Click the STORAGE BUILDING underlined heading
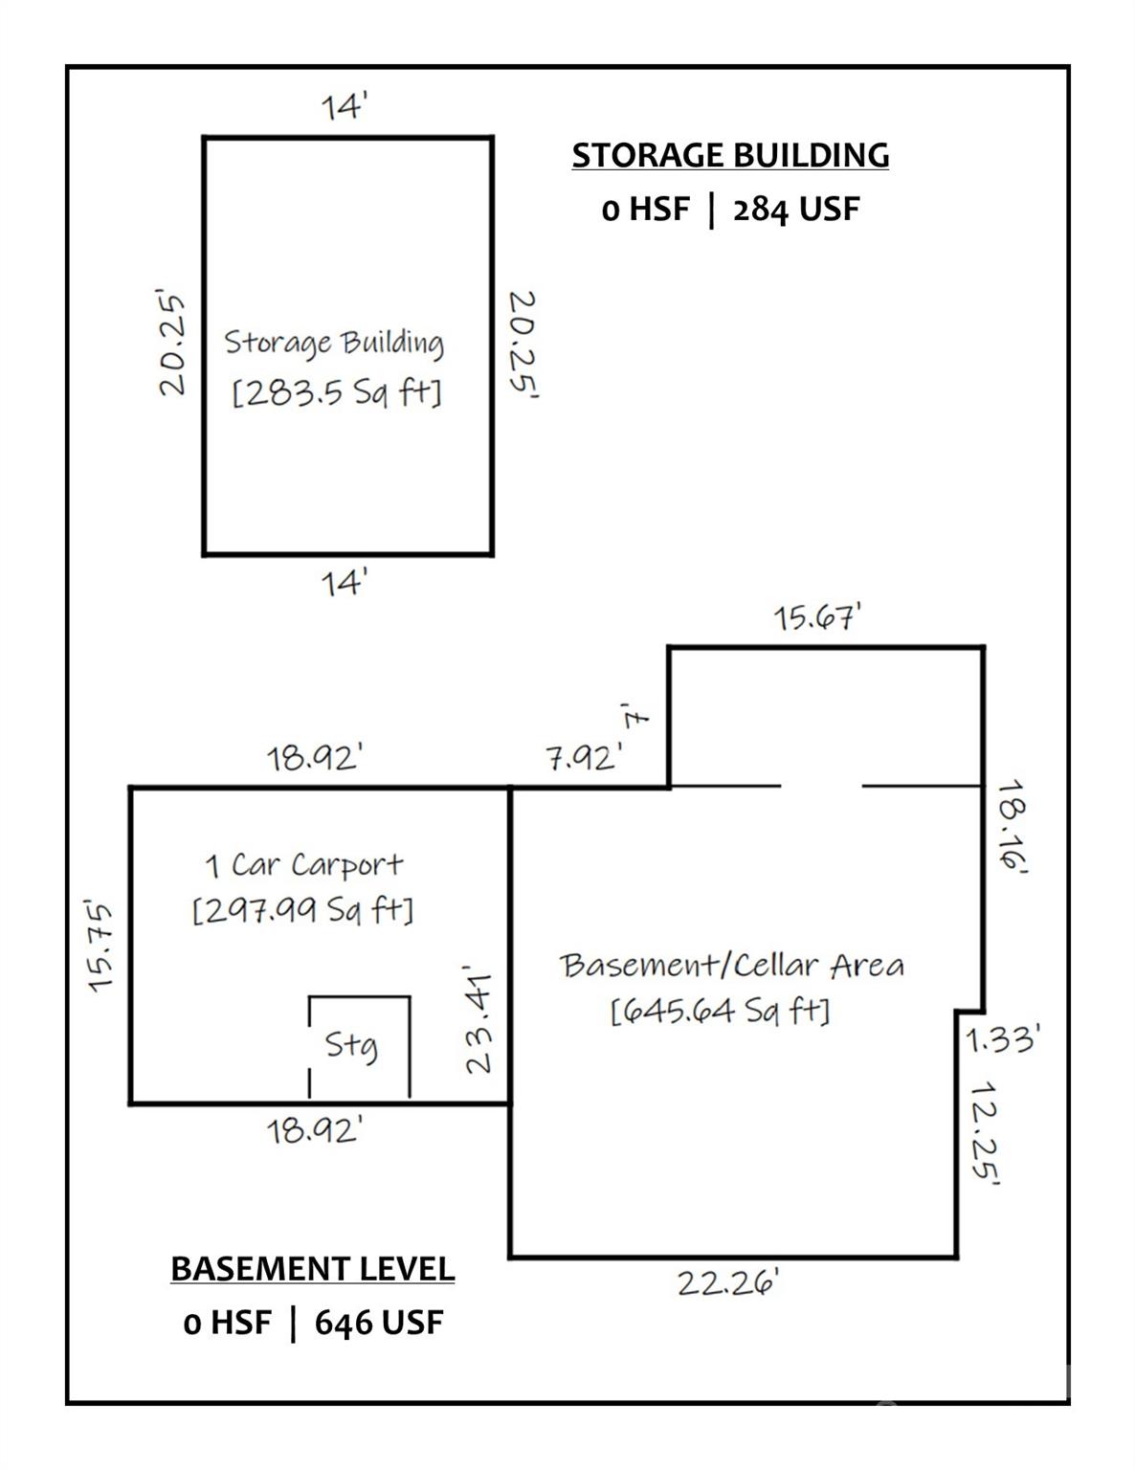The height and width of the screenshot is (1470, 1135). click(x=730, y=155)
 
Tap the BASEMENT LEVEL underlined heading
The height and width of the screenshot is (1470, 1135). click(x=312, y=1269)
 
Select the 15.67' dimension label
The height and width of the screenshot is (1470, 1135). click(x=818, y=618)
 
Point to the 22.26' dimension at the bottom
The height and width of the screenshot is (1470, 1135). click(x=728, y=1282)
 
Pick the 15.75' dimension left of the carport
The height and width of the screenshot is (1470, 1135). click(x=100, y=946)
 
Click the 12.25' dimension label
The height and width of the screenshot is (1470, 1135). click(x=985, y=1135)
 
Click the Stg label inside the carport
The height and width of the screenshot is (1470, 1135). click(x=351, y=1044)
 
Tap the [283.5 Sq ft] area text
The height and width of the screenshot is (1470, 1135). click(x=337, y=393)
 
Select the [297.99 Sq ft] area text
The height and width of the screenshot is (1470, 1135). click(x=302, y=910)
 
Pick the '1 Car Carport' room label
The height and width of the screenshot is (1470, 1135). click(x=304, y=865)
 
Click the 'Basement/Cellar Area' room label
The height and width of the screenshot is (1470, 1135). click(x=732, y=966)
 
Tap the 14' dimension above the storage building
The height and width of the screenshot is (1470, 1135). click(x=345, y=106)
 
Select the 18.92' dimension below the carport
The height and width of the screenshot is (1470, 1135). click(x=314, y=1131)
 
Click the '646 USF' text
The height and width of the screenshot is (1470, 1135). click(x=379, y=1324)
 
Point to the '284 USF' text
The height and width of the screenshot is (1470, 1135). click(x=796, y=210)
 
